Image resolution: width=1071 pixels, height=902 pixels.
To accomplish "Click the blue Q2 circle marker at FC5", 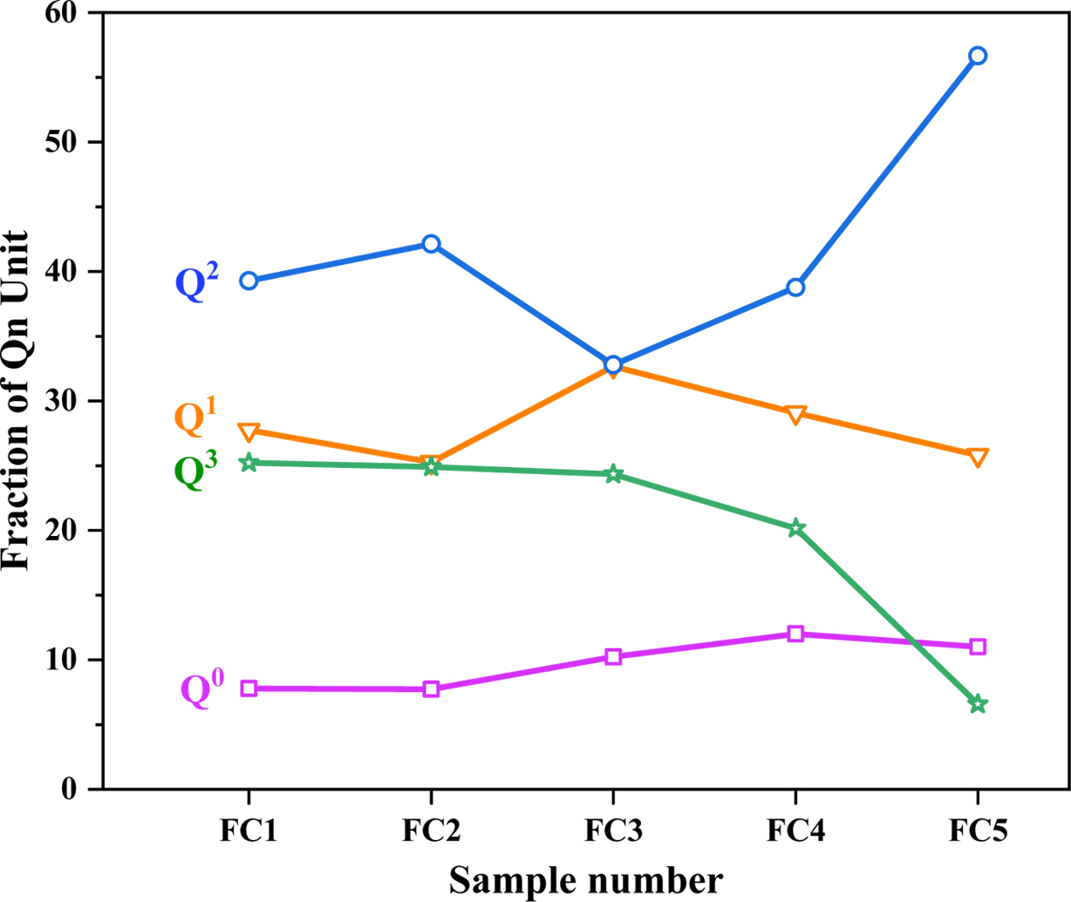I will point(978,56).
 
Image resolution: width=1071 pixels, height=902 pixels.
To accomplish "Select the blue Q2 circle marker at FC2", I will point(431,243).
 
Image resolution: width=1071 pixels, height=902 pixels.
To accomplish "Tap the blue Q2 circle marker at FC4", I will point(795,287).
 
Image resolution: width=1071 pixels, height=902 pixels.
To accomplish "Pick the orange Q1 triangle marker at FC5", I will point(978,457).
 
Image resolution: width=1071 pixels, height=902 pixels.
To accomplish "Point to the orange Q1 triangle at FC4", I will point(795,414).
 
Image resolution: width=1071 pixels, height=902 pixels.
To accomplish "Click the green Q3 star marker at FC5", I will point(978,704).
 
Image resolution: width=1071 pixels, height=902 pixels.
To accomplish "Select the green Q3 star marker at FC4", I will point(795,528).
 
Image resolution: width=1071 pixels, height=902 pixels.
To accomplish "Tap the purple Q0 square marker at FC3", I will point(613,656).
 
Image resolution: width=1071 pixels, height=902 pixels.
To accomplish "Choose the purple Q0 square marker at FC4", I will point(795,634).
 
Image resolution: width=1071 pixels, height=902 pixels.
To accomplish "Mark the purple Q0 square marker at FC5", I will point(978,647).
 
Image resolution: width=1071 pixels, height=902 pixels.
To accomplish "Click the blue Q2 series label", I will point(197,281).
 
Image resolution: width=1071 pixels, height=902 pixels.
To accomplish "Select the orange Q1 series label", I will point(195,417).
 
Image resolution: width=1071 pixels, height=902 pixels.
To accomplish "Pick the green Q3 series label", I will point(195,471).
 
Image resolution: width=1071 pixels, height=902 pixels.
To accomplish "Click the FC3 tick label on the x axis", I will point(613,831).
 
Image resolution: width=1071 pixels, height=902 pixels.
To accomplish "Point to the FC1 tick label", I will point(249,831).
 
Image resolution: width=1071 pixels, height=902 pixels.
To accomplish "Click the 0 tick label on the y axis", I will point(69,789).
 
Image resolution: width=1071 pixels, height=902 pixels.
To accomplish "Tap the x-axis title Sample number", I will point(586,880).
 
